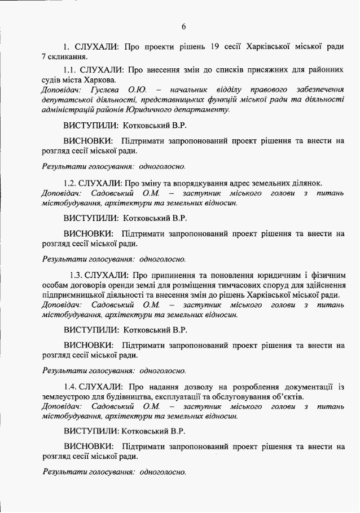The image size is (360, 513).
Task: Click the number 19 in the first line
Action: (210, 46)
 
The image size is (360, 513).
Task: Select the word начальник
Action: (191, 90)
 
